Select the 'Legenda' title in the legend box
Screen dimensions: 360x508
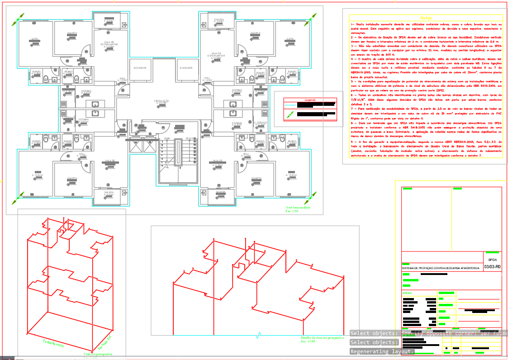click(310, 99)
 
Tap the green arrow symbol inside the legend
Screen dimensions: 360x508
click(290, 115)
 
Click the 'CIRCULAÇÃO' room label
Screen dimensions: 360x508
click(161, 101)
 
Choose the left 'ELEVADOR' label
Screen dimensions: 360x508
click(140, 68)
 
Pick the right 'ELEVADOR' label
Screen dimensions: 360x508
click(186, 68)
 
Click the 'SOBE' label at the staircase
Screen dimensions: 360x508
click(167, 138)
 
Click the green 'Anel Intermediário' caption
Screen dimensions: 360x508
click(297, 208)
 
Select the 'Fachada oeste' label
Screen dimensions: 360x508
click(53, 342)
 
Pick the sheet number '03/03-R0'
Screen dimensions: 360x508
click(492, 267)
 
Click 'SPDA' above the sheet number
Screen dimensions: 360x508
click(492, 260)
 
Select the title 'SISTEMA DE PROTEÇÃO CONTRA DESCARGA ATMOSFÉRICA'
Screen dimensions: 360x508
click(440, 268)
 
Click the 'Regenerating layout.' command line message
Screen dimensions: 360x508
click(382, 351)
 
